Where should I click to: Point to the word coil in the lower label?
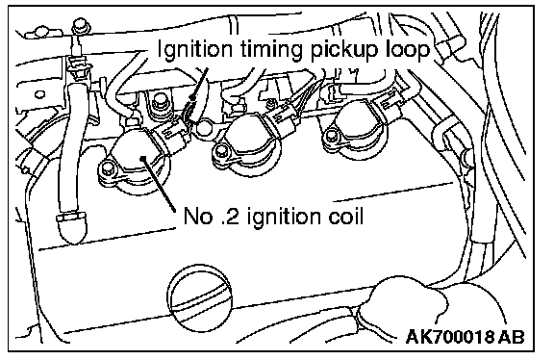click(x=346, y=216)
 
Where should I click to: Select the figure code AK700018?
click(x=450, y=336)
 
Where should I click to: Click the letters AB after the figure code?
click(x=512, y=336)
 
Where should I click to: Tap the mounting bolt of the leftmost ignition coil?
click(x=109, y=168)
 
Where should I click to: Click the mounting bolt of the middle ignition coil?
click(x=221, y=152)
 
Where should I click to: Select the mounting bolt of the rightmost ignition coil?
click(x=330, y=135)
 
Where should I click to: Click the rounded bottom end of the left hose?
click(x=72, y=229)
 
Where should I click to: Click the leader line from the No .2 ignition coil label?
click(x=159, y=185)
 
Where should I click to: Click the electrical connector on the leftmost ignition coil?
click(x=172, y=136)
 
